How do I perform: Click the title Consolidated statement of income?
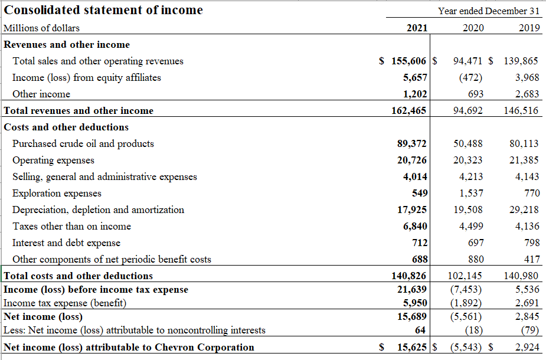[x=103, y=10]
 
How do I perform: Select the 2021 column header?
[x=417, y=28]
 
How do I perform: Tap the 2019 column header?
[x=529, y=28]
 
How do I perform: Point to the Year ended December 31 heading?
[x=489, y=11]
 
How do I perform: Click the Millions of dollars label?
[x=41, y=28]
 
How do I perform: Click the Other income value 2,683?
[x=527, y=94]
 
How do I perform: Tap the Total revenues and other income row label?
[x=79, y=110]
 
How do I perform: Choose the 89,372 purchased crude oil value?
[x=412, y=143]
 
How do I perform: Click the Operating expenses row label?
[x=53, y=160]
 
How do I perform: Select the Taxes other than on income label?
[x=72, y=226]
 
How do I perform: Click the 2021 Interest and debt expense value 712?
[x=420, y=243]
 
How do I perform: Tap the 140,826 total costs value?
[x=409, y=276]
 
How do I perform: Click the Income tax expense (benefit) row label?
[x=65, y=303]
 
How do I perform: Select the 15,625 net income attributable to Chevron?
[x=412, y=347]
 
